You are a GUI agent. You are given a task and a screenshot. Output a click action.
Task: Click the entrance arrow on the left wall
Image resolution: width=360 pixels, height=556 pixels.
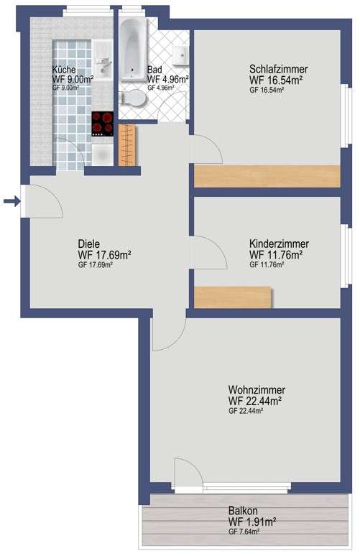coord(11,202)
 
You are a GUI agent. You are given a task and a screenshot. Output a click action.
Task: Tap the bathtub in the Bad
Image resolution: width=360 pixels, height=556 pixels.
coord(133,49)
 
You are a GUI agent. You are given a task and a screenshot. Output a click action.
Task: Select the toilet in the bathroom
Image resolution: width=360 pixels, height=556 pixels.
coord(132,98)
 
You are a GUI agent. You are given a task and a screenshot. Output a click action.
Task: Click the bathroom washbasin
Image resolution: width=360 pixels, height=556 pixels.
coord(180,55)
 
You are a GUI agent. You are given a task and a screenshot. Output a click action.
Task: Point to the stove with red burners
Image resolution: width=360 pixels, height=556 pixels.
coord(103,124)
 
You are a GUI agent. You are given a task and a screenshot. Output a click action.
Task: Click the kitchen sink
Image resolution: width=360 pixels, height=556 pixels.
coord(103,60)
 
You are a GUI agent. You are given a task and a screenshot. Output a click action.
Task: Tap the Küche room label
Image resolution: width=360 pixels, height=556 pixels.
coord(64,70)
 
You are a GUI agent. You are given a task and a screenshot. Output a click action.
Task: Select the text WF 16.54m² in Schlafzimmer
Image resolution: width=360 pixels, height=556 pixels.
coord(276,80)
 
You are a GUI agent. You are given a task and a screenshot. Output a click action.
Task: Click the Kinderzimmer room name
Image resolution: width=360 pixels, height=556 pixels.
coord(279,244)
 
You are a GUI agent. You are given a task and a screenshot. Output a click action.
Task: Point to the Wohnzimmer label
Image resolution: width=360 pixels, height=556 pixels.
coord(257,389)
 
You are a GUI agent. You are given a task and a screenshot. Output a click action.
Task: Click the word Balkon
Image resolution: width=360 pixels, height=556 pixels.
coord(243,511)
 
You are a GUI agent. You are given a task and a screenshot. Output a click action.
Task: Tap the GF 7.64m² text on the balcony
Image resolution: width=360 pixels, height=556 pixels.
coord(244,532)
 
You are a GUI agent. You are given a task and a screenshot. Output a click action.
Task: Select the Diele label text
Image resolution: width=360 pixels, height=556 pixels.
coord(88,244)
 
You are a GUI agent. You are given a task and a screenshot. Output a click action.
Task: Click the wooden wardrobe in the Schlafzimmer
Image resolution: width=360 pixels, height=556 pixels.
coord(267,176)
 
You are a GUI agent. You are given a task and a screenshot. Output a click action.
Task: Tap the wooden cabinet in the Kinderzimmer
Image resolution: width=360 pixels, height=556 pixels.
coord(234,297)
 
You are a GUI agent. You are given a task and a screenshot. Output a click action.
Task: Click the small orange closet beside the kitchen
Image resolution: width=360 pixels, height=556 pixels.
coord(127,144)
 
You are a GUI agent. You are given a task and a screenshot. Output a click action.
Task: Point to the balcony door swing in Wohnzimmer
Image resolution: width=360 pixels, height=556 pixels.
coord(189,473)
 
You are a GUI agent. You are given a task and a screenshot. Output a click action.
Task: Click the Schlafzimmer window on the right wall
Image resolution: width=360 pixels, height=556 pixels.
coord(346,116)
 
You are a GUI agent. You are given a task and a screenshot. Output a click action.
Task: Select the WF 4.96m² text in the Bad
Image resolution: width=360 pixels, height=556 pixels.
coord(167,79)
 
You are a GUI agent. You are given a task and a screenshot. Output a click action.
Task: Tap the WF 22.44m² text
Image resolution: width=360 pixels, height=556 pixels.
coord(255,401)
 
